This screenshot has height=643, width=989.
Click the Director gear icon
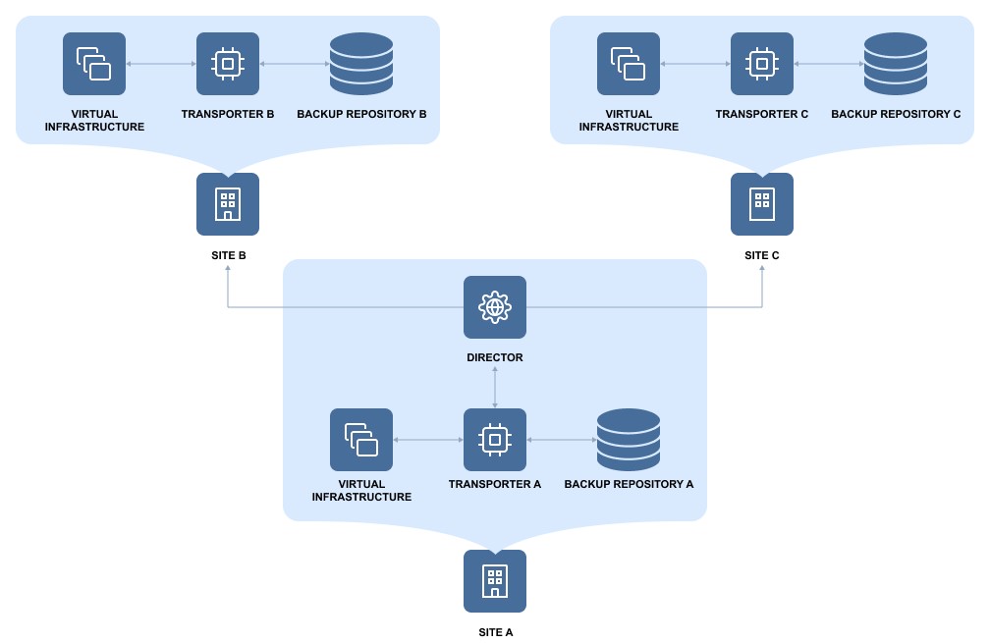[495, 307]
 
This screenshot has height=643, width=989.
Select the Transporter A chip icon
[495, 440]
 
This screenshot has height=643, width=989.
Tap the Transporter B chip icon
[228, 64]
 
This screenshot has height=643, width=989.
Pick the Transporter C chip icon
[762, 64]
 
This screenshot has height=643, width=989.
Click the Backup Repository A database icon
[629, 440]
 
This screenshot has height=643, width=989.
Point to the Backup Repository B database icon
[361, 64]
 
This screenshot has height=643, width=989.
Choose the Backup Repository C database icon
[896, 64]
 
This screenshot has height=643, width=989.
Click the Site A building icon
[495, 581]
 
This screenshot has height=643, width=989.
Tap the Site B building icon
[228, 204]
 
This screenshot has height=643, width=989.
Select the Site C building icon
[762, 204]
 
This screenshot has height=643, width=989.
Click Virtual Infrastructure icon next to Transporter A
[361, 440]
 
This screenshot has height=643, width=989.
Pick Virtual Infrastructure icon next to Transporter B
[94, 64]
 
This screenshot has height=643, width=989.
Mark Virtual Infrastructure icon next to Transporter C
[629, 64]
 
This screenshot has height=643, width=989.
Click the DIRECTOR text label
[495, 358]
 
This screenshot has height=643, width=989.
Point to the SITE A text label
[496, 632]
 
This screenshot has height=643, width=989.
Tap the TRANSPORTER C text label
[762, 115]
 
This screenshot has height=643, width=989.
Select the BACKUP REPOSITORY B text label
[361, 115]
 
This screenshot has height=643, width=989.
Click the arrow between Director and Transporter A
[495, 388]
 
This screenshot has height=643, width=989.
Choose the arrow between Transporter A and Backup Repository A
[562, 440]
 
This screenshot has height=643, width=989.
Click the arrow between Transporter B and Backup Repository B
[295, 64]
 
